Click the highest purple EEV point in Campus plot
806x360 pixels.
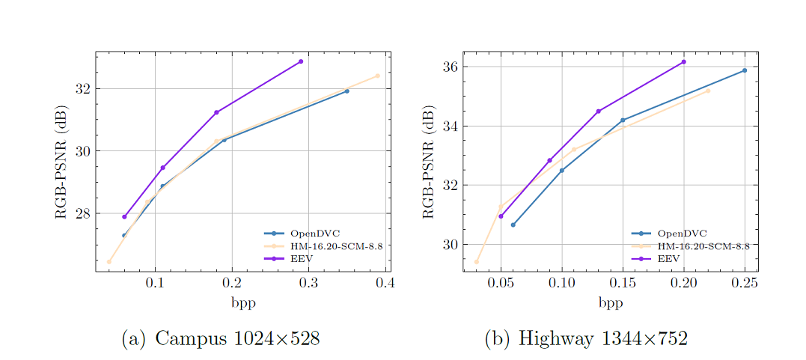301,61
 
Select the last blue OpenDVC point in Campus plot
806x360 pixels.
346,91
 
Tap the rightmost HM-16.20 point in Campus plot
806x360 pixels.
377,76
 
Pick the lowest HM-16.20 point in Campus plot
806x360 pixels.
109,262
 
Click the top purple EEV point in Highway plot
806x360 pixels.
683,61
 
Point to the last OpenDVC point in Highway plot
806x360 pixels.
745,70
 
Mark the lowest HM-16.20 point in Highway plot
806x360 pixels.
477,262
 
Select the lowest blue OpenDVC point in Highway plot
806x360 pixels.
513,225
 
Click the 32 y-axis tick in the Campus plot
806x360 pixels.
82,88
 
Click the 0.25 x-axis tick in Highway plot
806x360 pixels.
745,284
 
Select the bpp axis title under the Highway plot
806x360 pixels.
610,303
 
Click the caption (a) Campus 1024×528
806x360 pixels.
221,338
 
